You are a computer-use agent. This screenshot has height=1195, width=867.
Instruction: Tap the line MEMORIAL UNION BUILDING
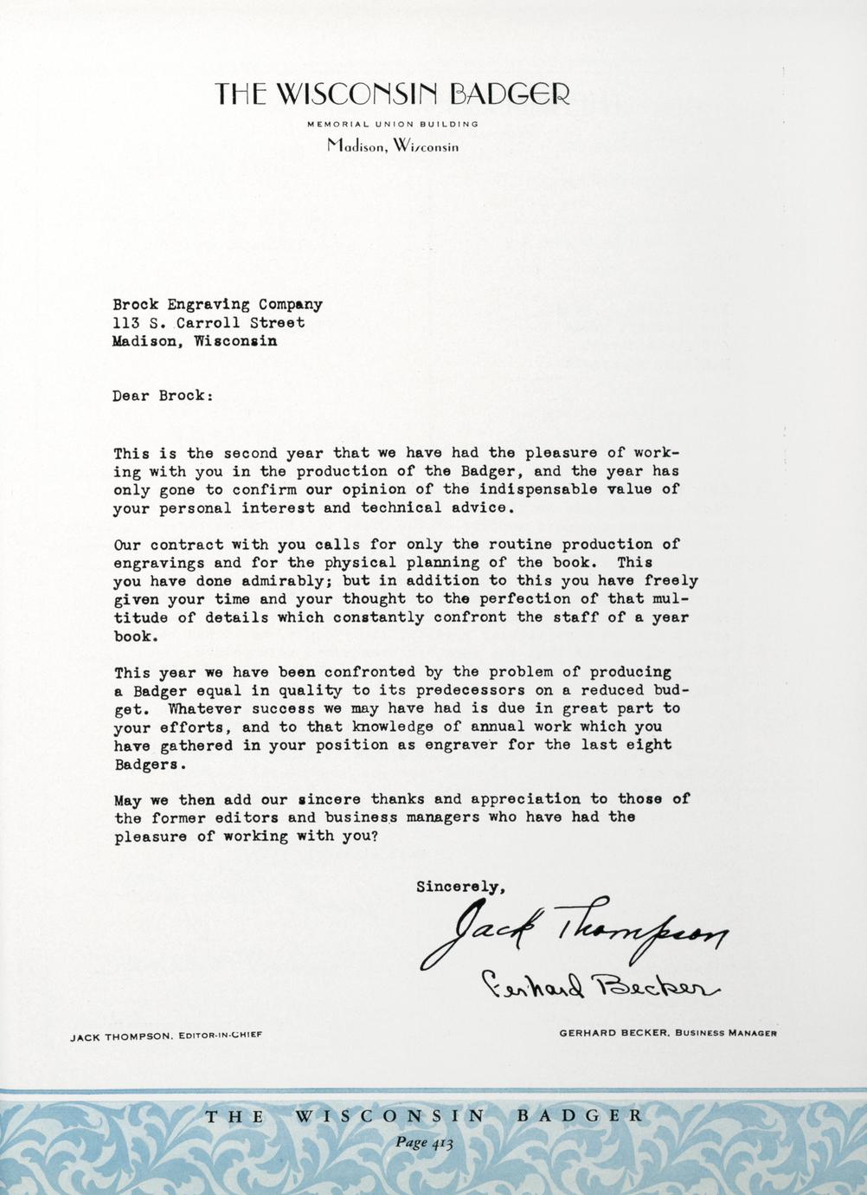[393, 124]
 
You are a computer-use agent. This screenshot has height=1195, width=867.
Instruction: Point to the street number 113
[125, 323]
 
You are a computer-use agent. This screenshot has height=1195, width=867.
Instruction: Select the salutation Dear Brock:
[162, 397]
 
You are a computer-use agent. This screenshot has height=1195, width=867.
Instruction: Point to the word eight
[649, 746]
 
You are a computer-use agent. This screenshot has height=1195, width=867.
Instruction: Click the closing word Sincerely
[459, 887]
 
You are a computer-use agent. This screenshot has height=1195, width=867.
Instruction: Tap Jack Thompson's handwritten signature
[573, 934]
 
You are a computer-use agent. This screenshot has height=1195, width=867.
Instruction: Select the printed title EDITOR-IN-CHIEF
[219, 1035]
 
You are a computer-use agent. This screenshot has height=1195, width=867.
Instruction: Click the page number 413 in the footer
[439, 1142]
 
